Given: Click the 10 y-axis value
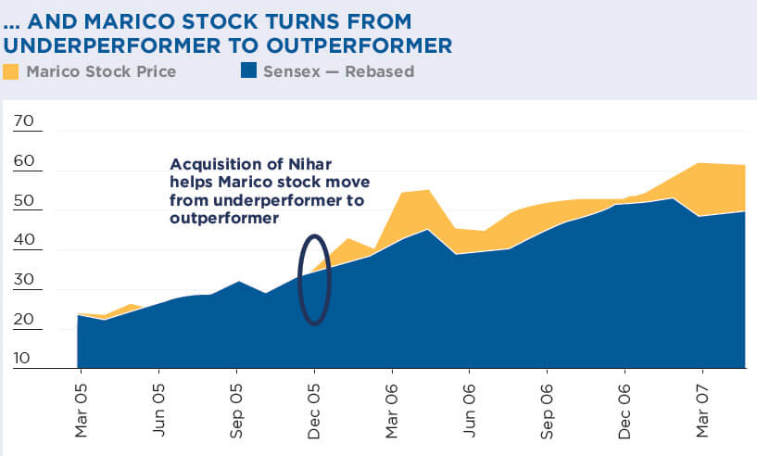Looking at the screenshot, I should click(23, 359).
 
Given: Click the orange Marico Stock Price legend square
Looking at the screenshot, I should click(11, 71).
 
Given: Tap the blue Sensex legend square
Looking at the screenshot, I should click(248, 71).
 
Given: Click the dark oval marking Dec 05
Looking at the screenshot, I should click(314, 280).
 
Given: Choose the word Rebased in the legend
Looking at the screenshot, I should click(379, 71).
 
